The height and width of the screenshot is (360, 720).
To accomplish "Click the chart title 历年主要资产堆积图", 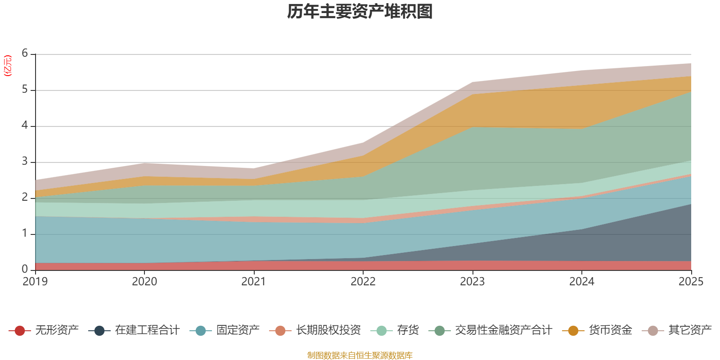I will pyautogui.click(x=360, y=12).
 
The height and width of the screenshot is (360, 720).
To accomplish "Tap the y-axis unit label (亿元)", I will pyautogui.click(x=8, y=66).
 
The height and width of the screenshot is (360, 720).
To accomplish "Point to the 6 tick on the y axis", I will pyautogui.click(x=25, y=54).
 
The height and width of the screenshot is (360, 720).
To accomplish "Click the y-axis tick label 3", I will pyautogui.click(x=25, y=162).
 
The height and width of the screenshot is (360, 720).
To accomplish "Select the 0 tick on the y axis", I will pyautogui.click(x=25, y=269).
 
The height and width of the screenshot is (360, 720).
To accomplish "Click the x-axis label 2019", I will pyautogui.click(x=35, y=282).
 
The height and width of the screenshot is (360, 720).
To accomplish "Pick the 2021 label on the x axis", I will pyautogui.click(x=254, y=282).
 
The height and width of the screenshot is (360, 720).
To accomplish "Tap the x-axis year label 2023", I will pyautogui.click(x=472, y=282).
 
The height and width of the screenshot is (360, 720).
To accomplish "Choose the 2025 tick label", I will pyautogui.click(x=691, y=282).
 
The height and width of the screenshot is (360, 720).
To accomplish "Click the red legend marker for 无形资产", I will pyautogui.click(x=19, y=331).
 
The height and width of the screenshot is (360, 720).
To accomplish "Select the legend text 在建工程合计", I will pyautogui.click(x=147, y=330).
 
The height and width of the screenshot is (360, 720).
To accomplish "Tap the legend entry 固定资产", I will pyautogui.click(x=238, y=330).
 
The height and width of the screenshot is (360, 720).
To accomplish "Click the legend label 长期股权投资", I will pyautogui.click(x=328, y=330).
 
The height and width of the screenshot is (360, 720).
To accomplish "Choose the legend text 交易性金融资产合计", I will pyautogui.click(x=503, y=330).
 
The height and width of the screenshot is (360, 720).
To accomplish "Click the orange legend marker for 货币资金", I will pyautogui.click(x=573, y=331).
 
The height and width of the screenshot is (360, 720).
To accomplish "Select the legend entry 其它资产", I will pyautogui.click(x=690, y=330).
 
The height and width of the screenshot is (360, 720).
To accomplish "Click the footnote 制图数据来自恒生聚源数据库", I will pyautogui.click(x=360, y=355).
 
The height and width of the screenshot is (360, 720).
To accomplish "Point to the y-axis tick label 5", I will pyautogui.click(x=25, y=90).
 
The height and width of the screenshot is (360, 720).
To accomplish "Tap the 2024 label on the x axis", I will pyautogui.click(x=581, y=282).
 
